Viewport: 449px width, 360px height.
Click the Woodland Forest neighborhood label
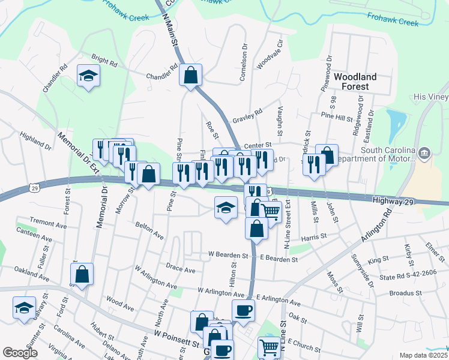[x=355, y=82]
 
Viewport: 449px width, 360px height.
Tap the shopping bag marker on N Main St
[x=191, y=76]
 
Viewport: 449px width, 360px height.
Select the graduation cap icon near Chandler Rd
[x=89, y=76]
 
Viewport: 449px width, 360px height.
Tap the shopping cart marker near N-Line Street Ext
[x=271, y=212]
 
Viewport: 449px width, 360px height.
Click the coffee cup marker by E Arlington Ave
[x=243, y=311]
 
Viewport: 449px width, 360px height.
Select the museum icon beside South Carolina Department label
[x=425, y=154]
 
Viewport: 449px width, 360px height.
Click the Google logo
[x=20, y=353]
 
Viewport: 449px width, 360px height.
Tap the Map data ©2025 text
[x=423, y=355]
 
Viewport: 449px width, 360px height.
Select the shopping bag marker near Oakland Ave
[x=82, y=275]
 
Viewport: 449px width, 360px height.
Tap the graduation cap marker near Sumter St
[x=25, y=308]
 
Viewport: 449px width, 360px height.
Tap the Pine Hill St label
[x=337, y=115]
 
